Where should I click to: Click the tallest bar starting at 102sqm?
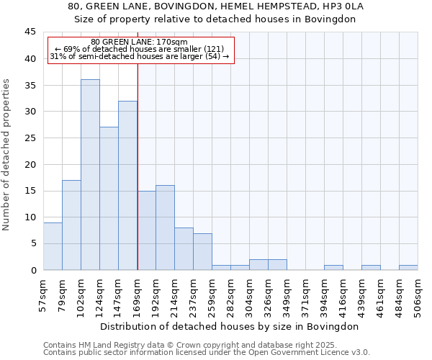click(x=90, y=174)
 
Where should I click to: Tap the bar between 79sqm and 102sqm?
click(x=71, y=225)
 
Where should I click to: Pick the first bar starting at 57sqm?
click(x=53, y=246)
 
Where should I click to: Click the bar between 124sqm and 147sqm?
click(x=109, y=198)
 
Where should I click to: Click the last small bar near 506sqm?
click(x=408, y=268)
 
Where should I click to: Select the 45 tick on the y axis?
click(x=30, y=32)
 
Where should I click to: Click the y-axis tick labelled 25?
click(x=30, y=138)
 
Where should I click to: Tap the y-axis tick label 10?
click(x=30, y=217)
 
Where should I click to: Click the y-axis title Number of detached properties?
click(x=7, y=155)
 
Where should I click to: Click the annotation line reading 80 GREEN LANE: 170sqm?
click(x=140, y=42)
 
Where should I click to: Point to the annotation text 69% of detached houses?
click(x=140, y=49)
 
